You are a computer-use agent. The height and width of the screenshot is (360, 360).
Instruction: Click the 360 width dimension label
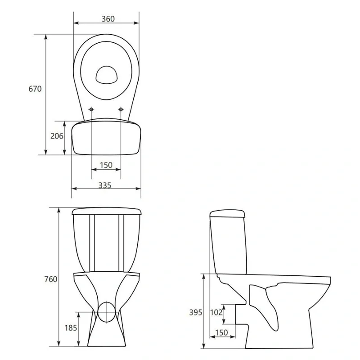108,19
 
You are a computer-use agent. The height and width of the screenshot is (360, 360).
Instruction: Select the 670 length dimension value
35,89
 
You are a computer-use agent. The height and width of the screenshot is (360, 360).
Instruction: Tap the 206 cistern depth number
57,136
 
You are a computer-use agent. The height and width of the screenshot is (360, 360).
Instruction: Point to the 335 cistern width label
105,185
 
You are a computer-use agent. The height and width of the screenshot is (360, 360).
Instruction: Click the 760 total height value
51,279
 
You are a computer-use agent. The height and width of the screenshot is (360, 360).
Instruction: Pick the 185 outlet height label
71,328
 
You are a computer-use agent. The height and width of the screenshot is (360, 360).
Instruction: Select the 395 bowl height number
196,312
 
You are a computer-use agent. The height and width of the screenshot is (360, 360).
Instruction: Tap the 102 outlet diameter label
216,312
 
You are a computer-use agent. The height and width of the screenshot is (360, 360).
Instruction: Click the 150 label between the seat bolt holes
106,165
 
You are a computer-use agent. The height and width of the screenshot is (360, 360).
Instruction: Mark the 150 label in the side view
221,333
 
